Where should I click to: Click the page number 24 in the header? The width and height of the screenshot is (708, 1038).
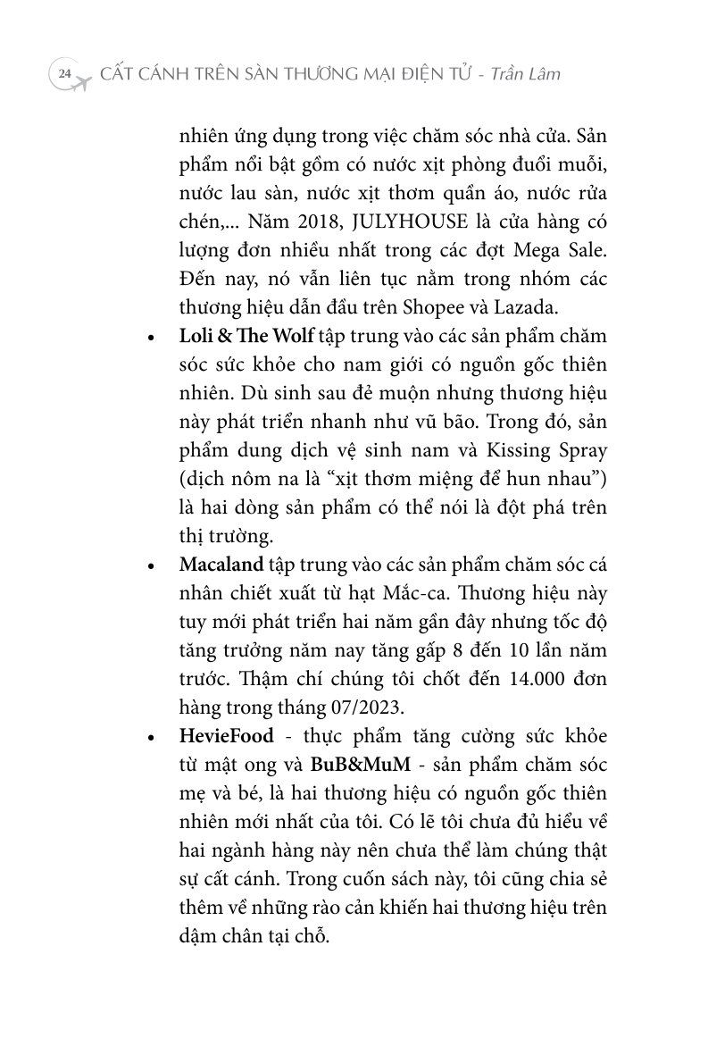point(63,74)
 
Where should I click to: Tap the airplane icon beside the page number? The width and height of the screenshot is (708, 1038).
point(80,80)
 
